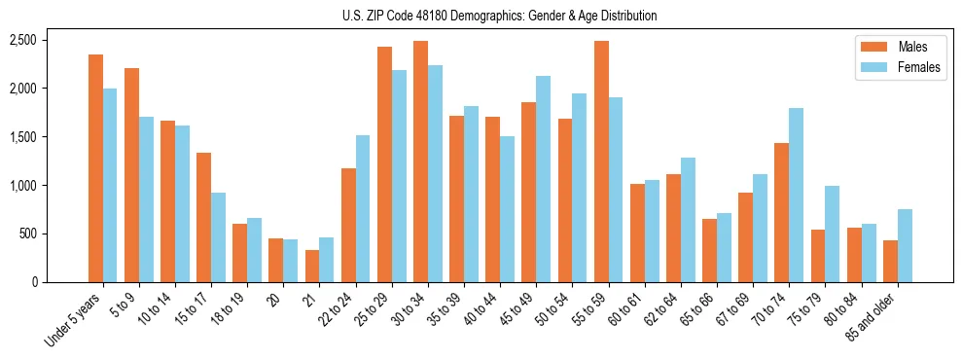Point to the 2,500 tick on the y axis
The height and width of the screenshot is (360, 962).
click(x=51, y=40)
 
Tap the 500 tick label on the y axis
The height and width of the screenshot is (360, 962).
click(x=56, y=234)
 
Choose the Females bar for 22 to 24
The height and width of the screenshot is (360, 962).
click(x=363, y=208)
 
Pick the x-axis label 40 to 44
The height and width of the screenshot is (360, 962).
click(x=484, y=313)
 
